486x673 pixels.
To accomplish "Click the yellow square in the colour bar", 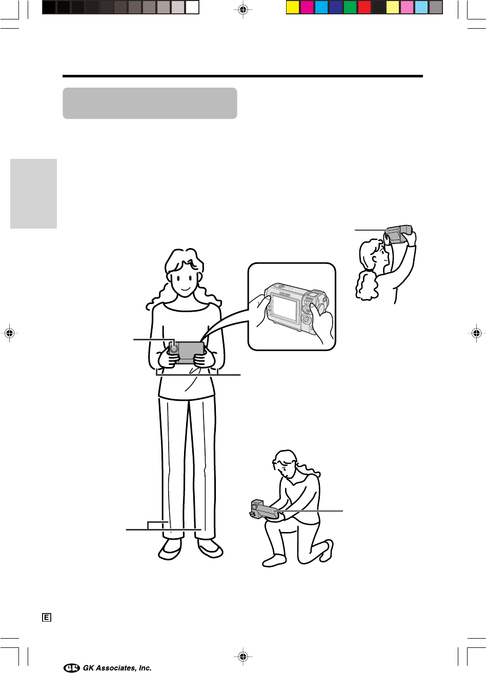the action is coord(292,8).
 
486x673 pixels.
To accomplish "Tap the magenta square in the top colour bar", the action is coord(307,8).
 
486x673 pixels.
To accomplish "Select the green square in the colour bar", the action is coord(350,8).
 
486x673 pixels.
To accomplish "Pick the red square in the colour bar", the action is coord(364,8).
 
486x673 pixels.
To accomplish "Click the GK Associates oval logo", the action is coord(72,668).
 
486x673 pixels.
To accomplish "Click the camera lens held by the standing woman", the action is coord(174,349).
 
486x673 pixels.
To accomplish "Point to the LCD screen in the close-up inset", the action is coord(285,307).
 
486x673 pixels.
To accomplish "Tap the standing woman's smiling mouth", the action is coord(185,290).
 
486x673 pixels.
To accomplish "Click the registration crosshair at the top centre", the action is coord(243,10).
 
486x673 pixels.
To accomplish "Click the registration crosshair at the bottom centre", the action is coord(243,656).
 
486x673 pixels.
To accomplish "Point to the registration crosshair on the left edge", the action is coord(9,333).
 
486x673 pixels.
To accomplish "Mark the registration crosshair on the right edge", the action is coord(476,333).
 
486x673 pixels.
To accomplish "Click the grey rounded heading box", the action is coord(150,103).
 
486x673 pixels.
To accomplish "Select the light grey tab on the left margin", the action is coord(33,194).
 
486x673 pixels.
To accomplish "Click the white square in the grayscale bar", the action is coord(192,8).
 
